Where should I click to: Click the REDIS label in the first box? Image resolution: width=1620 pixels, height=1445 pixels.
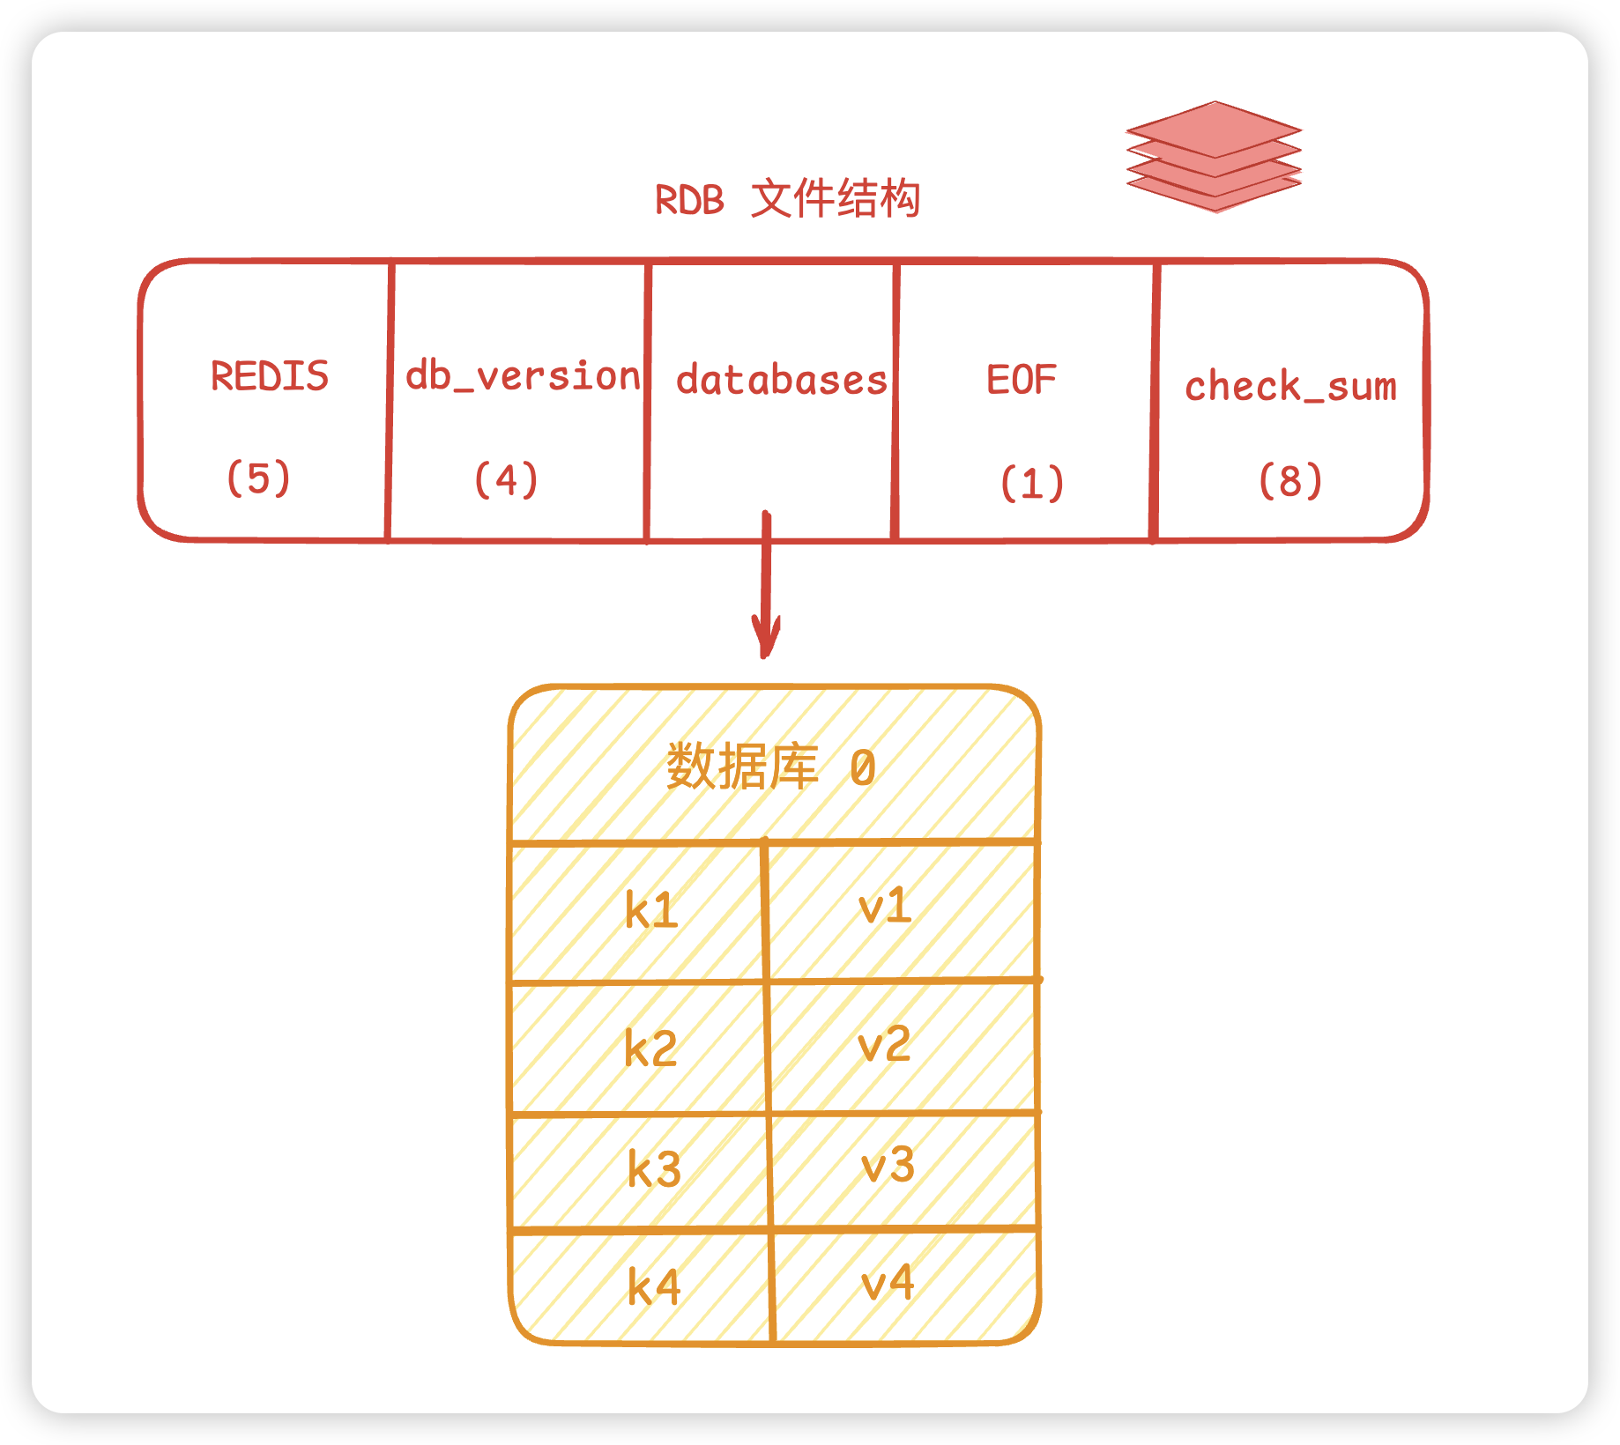tap(270, 376)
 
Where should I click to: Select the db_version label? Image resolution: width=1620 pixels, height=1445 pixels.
tap(522, 377)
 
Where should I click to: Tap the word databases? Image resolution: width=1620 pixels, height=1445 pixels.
tap(781, 381)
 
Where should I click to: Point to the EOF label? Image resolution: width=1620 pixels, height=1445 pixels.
tap(1021, 381)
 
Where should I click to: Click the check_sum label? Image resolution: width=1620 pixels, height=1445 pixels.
tap(1290, 387)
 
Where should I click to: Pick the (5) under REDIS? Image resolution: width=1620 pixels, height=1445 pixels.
tap(258, 478)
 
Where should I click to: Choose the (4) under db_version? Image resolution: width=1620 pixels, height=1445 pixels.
tap(506, 480)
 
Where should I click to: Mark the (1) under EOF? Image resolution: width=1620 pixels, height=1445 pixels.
tap(1032, 484)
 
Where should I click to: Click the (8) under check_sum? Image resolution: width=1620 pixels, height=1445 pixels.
tap(1290, 481)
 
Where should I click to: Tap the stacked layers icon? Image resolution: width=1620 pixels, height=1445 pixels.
tap(1214, 157)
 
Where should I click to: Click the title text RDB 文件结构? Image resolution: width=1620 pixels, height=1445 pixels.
tap(787, 199)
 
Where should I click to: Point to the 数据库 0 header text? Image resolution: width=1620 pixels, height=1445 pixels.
tap(771, 767)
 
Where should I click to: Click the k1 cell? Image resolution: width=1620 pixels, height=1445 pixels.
tap(651, 910)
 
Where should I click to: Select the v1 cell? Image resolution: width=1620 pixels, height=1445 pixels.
tap(885, 906)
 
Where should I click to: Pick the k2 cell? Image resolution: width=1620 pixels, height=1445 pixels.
tap(650, 1049)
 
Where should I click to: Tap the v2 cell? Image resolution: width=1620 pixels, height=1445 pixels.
tap(884, 1044)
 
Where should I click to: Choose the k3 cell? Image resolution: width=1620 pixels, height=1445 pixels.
tap(654, 1169)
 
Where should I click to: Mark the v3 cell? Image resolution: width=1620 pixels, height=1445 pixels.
tap(888, 1165)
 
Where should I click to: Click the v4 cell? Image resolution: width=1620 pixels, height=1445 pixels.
tap(888, 1283)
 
